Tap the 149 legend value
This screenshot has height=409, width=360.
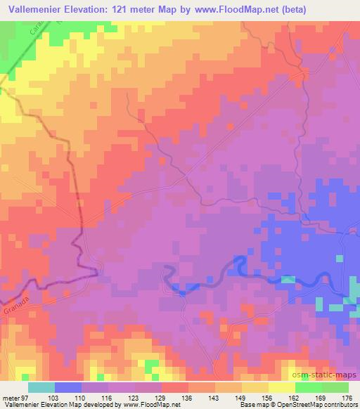coord(240,398)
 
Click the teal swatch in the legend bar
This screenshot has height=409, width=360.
coord(41,387)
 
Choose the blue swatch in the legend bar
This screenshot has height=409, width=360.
coord(68,387)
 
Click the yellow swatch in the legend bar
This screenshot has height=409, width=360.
coord(282,387)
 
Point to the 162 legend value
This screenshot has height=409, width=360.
coord(292,398)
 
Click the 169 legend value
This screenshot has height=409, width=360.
coord(319,398)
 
